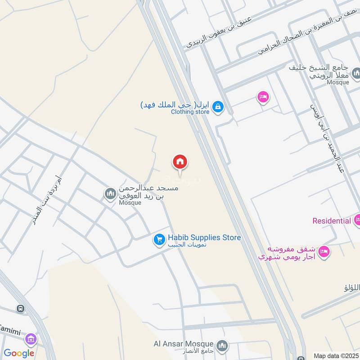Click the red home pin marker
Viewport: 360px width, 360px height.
point(180,162)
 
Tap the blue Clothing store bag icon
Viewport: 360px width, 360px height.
point(218,107)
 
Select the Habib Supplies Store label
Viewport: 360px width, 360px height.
point(204,238)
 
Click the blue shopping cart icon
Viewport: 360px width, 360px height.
point(159,240)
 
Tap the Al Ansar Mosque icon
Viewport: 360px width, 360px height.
point(221,346)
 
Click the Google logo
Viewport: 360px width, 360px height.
point(19,353)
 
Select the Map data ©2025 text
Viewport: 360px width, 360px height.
point(335,355)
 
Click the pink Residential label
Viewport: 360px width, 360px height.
point(332,221)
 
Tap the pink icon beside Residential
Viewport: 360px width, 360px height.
point(357,220)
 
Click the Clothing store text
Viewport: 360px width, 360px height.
point(190,112)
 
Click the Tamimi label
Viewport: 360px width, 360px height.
point(11,331)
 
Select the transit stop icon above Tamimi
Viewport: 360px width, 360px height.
point(20,309)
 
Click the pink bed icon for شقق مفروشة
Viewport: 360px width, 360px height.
point(323,253)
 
